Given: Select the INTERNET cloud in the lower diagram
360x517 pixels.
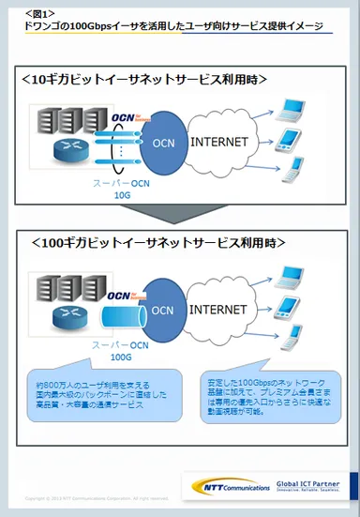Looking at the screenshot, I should pos(222,308).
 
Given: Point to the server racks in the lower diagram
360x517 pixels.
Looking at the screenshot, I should pos(58,284).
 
